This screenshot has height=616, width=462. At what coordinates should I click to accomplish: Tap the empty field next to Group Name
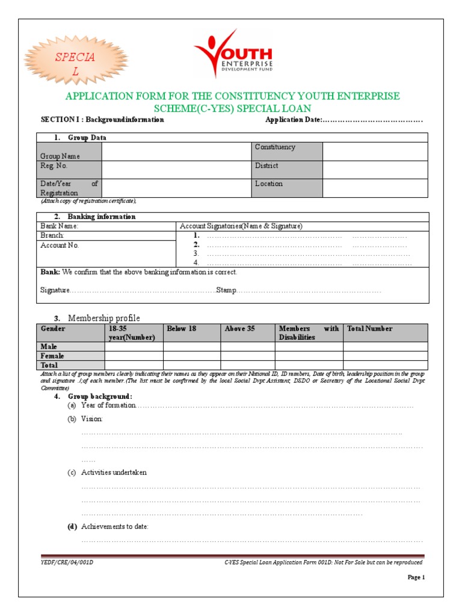176,151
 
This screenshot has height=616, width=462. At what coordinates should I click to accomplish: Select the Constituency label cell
287,151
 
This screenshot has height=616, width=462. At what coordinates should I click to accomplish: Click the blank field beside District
375,170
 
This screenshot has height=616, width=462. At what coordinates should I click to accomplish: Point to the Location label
268,184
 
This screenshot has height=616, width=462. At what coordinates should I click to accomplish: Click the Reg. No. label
54,165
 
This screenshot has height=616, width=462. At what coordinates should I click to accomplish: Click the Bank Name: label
60,226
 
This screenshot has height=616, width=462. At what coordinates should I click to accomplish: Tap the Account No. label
60,245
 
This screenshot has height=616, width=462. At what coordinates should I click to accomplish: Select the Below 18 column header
181,328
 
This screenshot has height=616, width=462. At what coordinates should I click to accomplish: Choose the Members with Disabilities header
309,333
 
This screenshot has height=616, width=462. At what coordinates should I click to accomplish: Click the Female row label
52,356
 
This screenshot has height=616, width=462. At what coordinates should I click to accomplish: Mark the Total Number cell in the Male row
385,346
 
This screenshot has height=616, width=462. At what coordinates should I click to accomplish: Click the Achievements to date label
114,526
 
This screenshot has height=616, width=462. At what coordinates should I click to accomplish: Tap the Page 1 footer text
416,577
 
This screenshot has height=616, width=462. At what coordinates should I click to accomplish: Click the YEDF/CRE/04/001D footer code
67,562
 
